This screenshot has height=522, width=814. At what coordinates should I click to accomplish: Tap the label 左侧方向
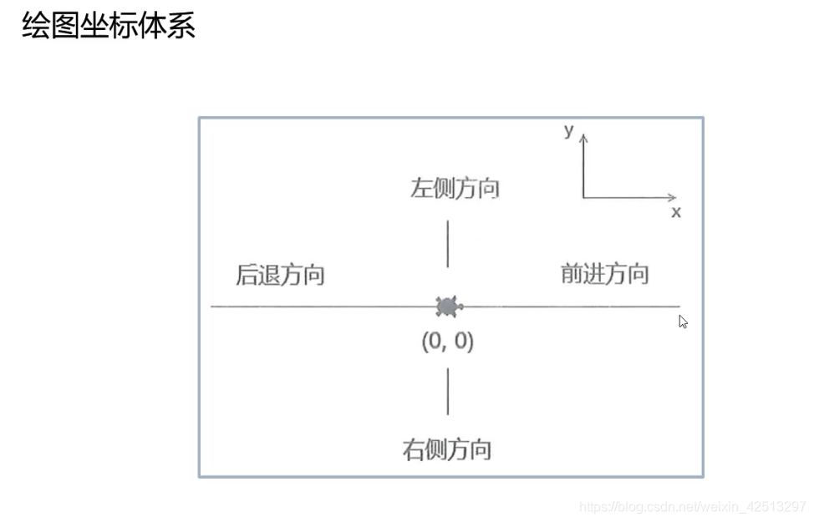[x=455, y=188]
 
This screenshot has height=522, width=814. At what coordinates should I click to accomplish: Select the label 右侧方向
[x=446, y=450]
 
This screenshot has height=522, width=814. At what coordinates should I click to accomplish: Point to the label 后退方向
[x=280, y=275]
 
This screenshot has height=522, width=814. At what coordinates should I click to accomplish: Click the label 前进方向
[x=604, y=273]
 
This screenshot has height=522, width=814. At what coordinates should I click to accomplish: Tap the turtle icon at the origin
[x=448, y=307]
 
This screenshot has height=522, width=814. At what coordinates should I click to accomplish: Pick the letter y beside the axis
[x=568, y=131]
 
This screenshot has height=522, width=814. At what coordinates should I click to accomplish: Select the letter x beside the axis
[x=675, y=212]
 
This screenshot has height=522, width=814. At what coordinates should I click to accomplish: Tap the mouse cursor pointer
[x=683, y=322]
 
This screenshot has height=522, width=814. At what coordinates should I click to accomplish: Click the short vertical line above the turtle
[x=448, y=243]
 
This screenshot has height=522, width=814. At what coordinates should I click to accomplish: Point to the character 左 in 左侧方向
[x=420, y=188]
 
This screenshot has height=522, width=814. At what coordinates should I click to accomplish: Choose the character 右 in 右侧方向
[x=413, y=450]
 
